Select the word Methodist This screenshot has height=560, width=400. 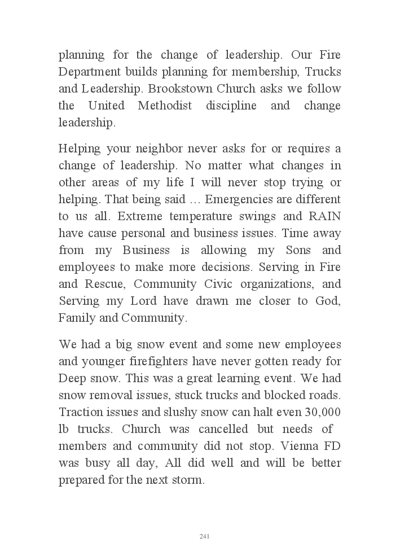(164, 106)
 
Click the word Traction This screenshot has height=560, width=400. (79, 412)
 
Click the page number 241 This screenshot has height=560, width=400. (205, 536)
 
